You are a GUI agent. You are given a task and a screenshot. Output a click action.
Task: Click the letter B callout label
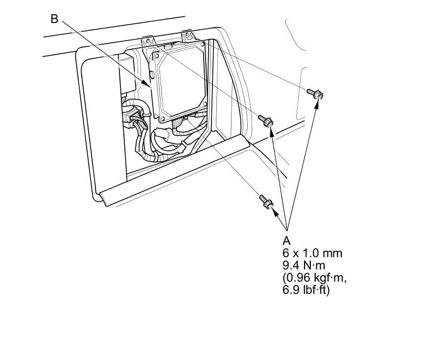click(x=54, y=19)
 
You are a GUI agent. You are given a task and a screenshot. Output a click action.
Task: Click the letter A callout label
click(x=286, y=240)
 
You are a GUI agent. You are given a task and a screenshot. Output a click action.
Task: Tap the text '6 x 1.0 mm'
click(x=312, y=253)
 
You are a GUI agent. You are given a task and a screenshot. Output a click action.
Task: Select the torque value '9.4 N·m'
click(x=304, y=265)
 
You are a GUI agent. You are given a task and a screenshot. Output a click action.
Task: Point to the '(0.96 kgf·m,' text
click(x=314, y=278)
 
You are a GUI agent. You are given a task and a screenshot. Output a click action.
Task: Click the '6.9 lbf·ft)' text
click(x=306, y=290)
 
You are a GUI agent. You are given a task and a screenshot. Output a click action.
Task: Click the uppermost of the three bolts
click(x=315, y=94)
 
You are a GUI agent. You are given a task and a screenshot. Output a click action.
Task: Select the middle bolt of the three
click(x=266, y=120)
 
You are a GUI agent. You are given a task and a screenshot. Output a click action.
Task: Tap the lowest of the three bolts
click(x=266, y=202)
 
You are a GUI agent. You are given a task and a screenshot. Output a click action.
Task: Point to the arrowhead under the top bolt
click(x=318, y=104)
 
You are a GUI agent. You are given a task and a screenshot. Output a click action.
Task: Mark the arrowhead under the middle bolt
click(x=271, y=132)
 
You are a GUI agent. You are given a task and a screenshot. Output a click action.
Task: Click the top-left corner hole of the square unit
click(x=156, y=56)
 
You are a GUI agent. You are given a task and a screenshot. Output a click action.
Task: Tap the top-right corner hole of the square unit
click(x=201, y=45)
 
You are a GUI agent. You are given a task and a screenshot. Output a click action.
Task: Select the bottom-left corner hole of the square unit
click(x=162, y=119)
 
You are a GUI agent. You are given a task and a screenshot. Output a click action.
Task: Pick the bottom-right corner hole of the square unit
click(x=205, y=104)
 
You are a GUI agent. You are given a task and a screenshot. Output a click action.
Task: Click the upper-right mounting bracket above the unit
click(x=187, y=36)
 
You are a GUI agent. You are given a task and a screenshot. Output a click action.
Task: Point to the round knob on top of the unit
click(x=168, y=47)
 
